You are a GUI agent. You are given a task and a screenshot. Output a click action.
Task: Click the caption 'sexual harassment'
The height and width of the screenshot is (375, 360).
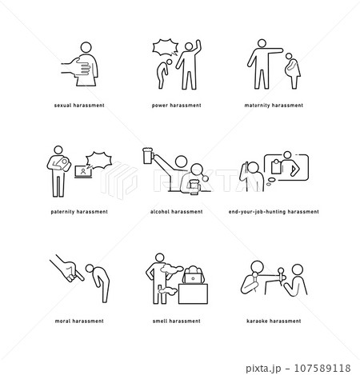coord(79,106)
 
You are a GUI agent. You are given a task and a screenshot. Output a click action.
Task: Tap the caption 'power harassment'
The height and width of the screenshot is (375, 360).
coord(177,106)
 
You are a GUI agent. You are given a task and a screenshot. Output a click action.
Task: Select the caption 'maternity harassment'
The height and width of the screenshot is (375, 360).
coord(274,106)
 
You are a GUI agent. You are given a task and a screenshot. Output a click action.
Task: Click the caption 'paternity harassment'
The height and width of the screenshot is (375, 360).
coord(79,212)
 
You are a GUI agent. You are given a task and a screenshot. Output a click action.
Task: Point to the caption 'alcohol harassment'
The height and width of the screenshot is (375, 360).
coord(177,212)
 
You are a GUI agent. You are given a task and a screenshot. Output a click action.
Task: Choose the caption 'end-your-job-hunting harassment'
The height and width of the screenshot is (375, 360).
coord(274,212)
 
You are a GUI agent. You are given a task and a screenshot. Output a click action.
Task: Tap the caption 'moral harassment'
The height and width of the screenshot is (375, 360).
coord(79,321)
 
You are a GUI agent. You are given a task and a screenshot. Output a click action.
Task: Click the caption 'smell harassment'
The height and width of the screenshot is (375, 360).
coord(177,321)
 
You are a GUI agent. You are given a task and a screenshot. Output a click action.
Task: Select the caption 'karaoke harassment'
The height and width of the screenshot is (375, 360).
coord(274,321)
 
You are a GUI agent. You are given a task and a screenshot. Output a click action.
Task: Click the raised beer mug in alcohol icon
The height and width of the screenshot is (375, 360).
coord(147,156)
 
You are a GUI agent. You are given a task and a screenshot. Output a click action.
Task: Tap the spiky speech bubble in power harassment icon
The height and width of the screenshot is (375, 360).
coord(166,47)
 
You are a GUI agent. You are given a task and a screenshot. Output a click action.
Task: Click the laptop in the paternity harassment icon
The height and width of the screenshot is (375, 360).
coord(83,172)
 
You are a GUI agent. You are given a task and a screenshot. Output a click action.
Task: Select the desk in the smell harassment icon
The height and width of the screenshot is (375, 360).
coord(193,293)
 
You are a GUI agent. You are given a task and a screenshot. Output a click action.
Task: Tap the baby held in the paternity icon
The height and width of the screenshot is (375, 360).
coord(63,163)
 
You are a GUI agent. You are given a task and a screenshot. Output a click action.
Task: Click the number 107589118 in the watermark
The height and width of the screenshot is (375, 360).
coord(322,368)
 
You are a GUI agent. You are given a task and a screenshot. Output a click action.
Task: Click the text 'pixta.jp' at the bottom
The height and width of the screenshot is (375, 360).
coord(263,369)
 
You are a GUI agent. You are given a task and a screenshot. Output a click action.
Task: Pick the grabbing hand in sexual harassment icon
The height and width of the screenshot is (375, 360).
coord(77,66)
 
